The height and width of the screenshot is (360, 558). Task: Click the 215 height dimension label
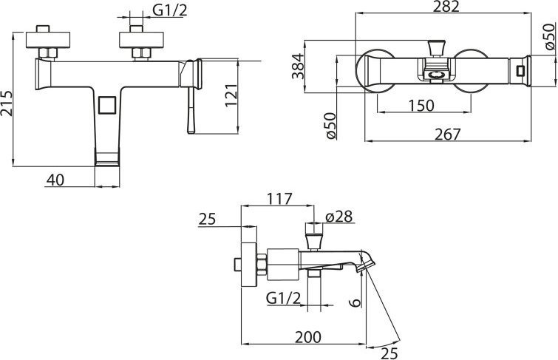tap(7, 103)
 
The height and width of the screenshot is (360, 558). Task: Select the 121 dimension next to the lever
tap(231, 95)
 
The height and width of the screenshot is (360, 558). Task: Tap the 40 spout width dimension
tap(55, 180)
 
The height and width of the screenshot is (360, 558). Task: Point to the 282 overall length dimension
tap(446, 7)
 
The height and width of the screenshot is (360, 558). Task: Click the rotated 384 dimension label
tap(298, 66)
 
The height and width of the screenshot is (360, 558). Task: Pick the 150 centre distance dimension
tap(421, 106)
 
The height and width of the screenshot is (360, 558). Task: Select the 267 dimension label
tap(447, 135)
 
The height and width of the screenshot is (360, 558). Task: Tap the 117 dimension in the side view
tap(279, 199)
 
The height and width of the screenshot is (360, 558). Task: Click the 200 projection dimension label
tap(308, 337)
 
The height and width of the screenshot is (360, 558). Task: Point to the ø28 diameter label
tap(338, 217)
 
